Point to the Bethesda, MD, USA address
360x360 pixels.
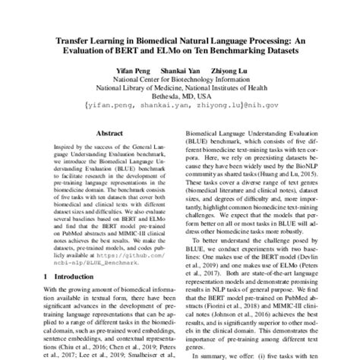179,96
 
